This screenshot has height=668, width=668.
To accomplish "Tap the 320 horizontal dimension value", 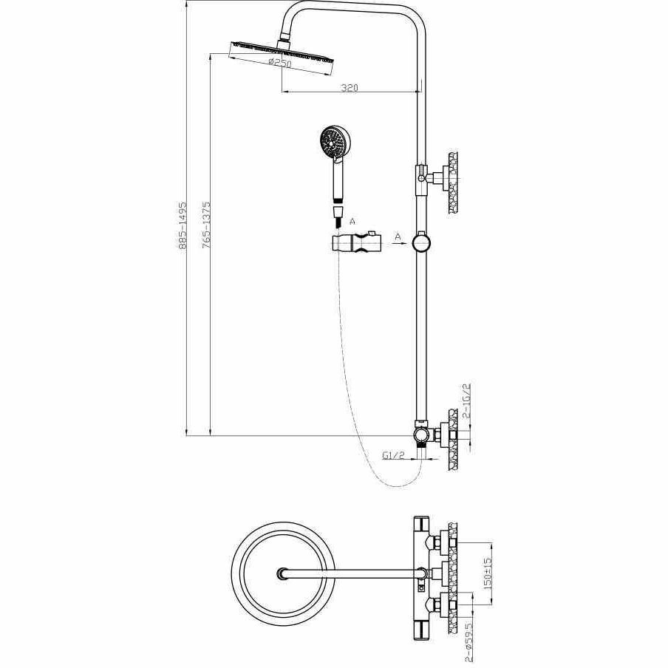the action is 350,88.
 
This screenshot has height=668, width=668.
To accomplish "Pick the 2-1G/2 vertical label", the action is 466,401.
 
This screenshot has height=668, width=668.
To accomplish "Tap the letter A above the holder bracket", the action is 352,220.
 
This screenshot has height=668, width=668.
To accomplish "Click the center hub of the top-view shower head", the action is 282,574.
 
